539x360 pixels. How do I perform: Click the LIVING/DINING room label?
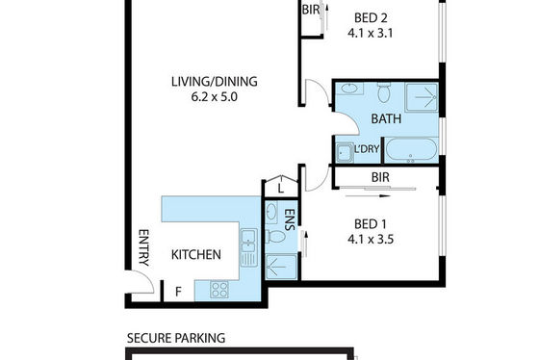click(x=214, y=82)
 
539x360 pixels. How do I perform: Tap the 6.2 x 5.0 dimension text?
click(x=214, y=97)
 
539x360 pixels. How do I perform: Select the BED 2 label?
click(x=371, y=17)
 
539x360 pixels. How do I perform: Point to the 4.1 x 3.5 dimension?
click(x=371, y=239)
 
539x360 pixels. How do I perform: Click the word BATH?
click(x=386, y=119)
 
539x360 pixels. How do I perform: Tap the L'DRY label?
click(x=367, y=149)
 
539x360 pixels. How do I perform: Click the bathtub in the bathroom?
click(x=411, y=150)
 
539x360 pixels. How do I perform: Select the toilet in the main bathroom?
click(x=384, y=92)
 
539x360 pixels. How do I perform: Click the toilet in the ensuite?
click(x=275, y=237)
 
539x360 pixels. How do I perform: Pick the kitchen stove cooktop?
click(x=219, y=290)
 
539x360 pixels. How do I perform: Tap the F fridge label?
click(x=178, y=292)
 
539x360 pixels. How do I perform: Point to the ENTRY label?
click(x=143, y=247)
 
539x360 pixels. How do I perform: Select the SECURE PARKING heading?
click(x=176, y=338)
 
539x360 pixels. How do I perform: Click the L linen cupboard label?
click(x=281, y=189)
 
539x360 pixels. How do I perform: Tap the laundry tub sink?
click(x=345, y=153)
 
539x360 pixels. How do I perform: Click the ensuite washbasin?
click(x=271, y=211)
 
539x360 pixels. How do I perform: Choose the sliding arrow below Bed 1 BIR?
click(x=368, y=196)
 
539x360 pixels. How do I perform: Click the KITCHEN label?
click(x=196, y=255)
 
